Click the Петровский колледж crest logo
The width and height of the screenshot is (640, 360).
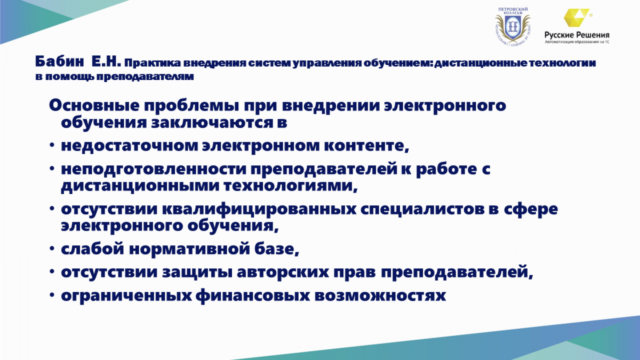coord(513,26)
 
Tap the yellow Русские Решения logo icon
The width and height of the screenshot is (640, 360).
coord(577,18)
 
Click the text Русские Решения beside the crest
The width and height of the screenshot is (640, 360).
coord(577,35)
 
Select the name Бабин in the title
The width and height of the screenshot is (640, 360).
coord(60,61)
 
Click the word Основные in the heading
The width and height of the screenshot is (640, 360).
coord(94,105)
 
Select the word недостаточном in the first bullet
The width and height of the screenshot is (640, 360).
coord(130,146)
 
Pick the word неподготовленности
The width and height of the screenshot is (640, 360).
coord(154,169)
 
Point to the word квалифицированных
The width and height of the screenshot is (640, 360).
coord(259,209)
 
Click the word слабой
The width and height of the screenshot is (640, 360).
coord(93,249)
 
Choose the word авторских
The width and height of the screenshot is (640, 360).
coord(283,273)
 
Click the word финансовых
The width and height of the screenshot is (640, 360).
coord(253,295)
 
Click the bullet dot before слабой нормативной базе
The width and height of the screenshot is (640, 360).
coord(52,249)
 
